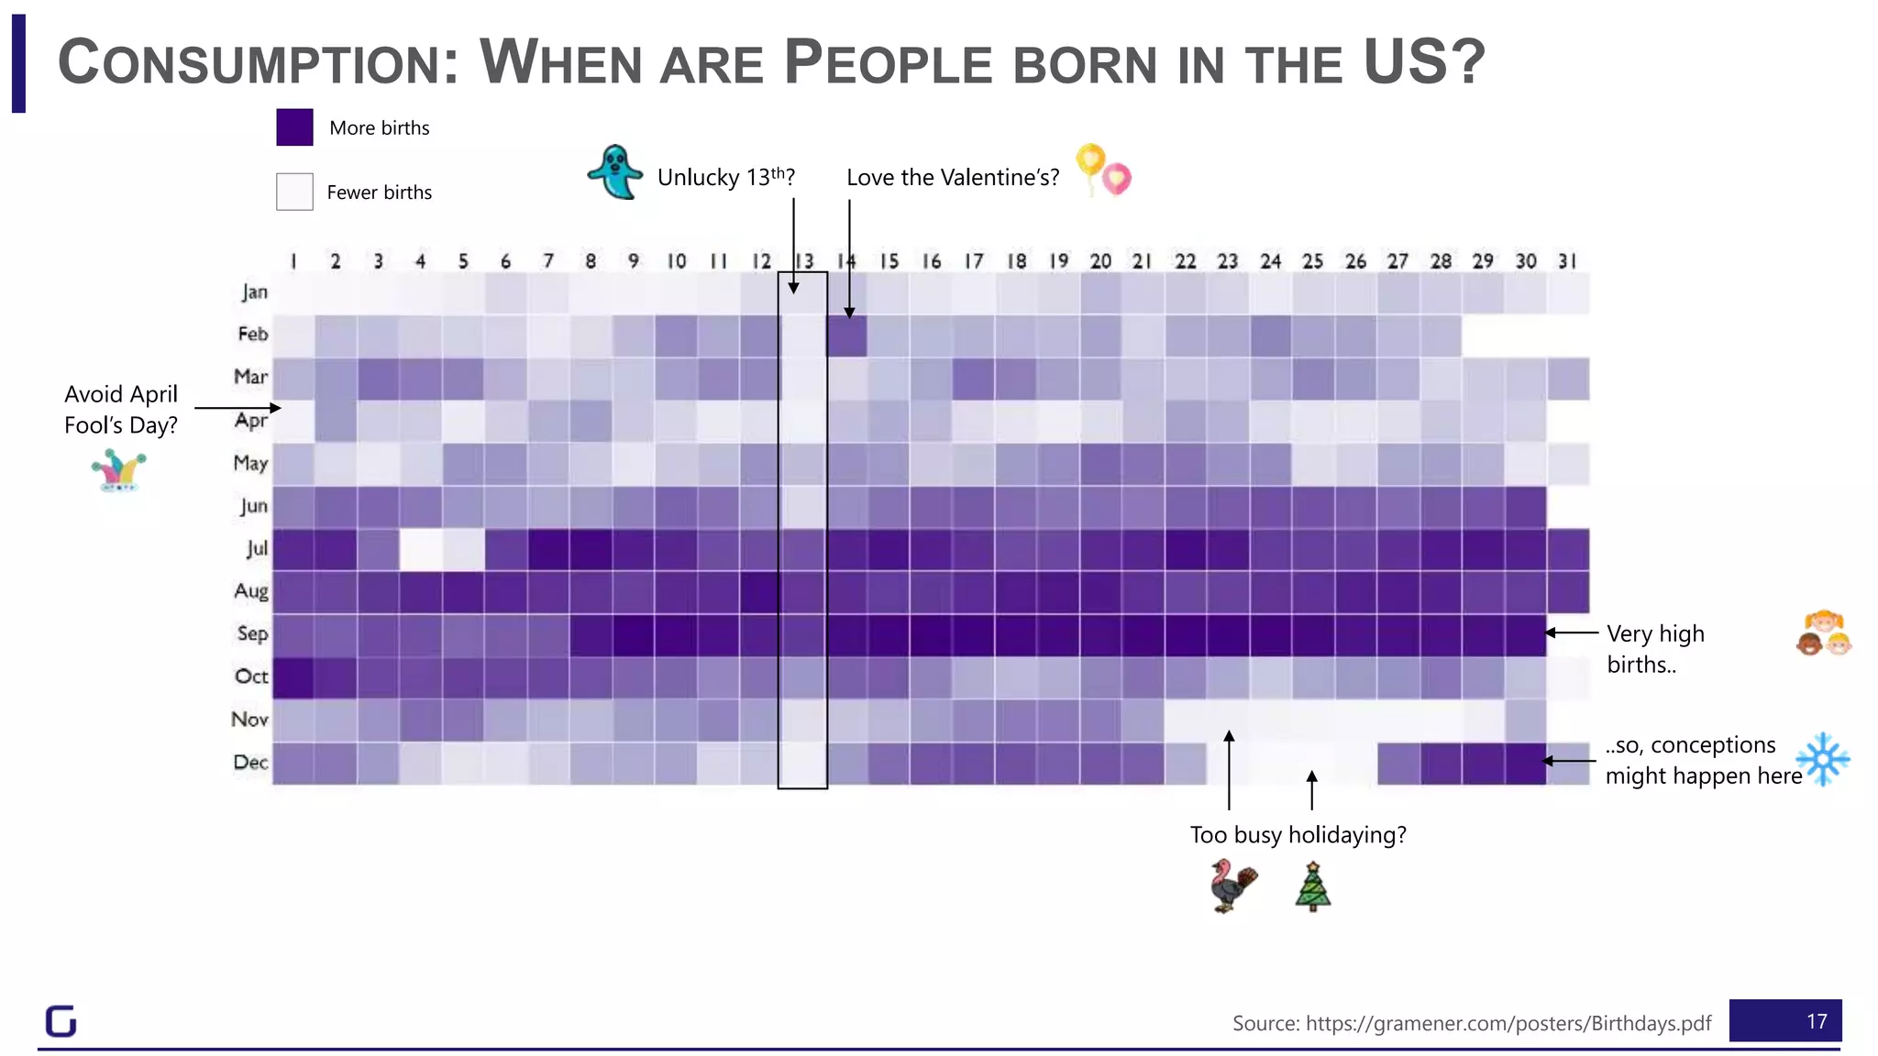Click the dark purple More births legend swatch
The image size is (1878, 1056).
(294, 127)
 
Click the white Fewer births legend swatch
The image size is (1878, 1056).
(294, 192)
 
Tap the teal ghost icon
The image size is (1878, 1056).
(614, 172)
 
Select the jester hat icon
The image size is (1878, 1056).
(119, 470)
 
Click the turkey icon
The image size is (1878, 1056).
(1232, 885)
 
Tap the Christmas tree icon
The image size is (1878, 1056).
(1313, 886)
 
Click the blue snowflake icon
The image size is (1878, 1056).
(1822, 759)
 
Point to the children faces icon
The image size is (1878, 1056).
(1823, 633)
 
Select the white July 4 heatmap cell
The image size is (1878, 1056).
(420, 549)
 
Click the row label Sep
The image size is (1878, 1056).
(252, 633)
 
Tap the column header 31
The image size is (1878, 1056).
(1567, 261)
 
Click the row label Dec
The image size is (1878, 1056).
(250, 762)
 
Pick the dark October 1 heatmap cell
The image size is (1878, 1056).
(293, 677)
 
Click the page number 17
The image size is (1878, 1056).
(1816, 1021)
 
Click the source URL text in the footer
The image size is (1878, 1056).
(1471, 1023)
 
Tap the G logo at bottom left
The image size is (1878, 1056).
(61, 1020)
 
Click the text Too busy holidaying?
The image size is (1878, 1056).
(1298, 835)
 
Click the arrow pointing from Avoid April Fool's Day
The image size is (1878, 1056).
(237, 408)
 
